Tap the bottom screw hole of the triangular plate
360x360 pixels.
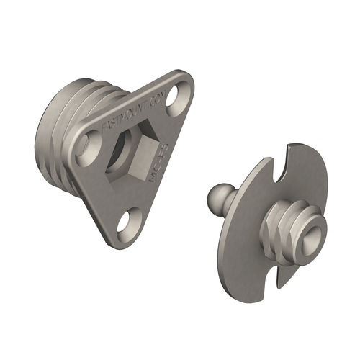tap(127, 219)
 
